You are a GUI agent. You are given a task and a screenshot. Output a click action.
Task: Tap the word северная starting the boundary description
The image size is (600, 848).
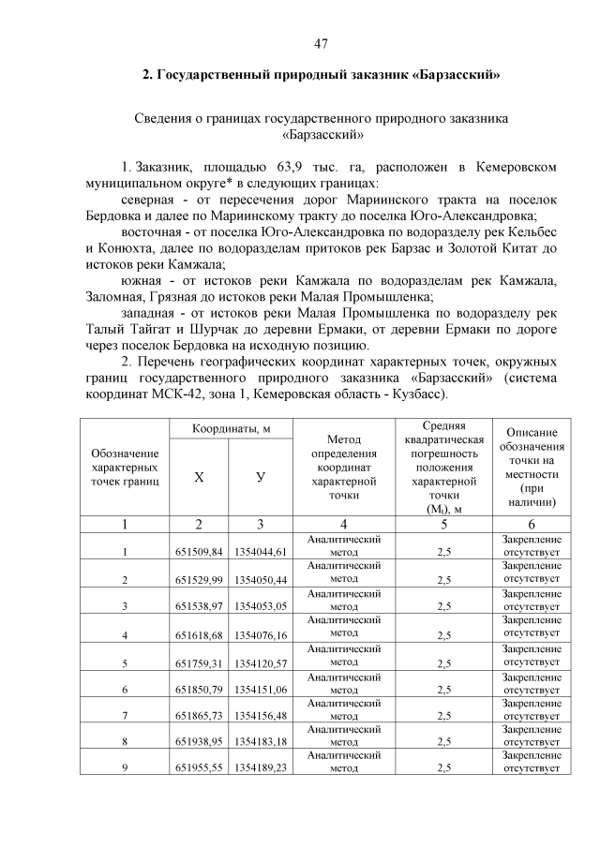(x=150, y=200)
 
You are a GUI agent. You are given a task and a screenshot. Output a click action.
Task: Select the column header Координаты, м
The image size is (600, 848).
(x=232, y=428)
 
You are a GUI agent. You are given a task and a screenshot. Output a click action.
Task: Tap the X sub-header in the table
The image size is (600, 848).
(x=199, y=477)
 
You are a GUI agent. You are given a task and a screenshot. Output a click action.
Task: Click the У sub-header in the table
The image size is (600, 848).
(x=261, y=477)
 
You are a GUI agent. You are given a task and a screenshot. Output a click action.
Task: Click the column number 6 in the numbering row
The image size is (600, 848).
(x=532, y=524)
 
